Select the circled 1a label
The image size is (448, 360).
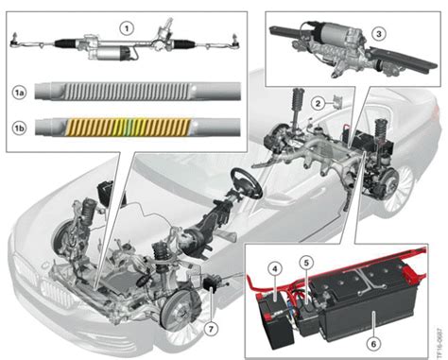point(18,93)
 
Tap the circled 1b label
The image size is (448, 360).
point(18,125)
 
